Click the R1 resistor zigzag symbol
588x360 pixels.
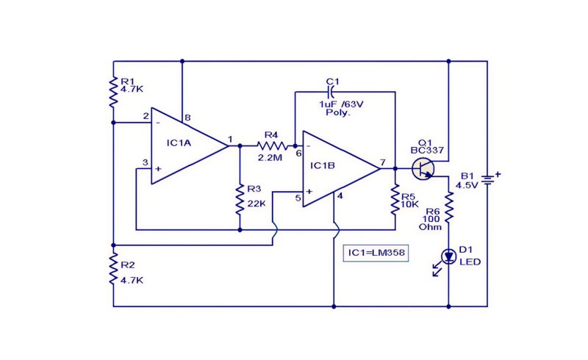(x=113, y=92)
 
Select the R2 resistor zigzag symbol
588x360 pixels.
(x=113, y=269)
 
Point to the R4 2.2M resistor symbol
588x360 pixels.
(x=273, y=145)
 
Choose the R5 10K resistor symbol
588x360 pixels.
(x=395, y=200)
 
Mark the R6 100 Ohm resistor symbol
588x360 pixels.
(x=449, y=207)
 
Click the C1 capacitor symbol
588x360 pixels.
(x=331, y=92)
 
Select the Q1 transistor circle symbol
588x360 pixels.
(x=423, y=169)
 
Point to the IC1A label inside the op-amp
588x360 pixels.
(x=179, y=143)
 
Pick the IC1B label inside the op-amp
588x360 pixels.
(x=323, y=166)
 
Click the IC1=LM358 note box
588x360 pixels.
(x=376, y=253)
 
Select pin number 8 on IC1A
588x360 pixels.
(x=188, y=118)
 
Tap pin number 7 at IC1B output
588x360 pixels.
(x=382, y=163)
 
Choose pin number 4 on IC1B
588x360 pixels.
(x=340, y=196)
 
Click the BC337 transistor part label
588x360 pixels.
(x=427, y=151)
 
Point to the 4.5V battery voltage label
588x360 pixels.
(x=467, y=185)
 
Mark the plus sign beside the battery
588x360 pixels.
(x=498, y=174)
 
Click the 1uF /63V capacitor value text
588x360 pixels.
(x=341, y=104)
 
